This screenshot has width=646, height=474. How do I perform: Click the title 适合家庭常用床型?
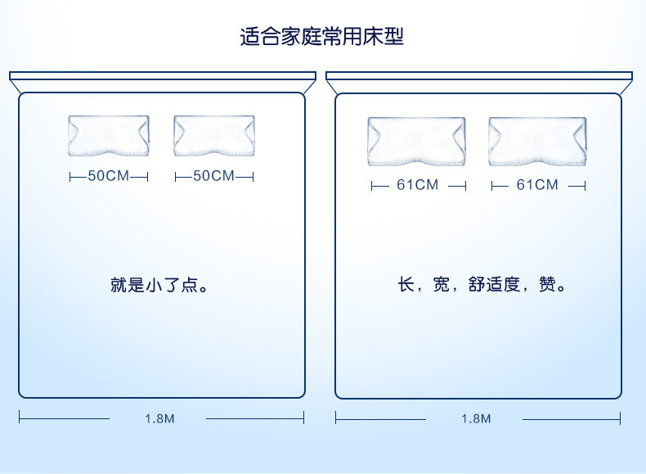[322, 37]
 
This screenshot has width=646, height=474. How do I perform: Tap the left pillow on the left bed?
[109, 135]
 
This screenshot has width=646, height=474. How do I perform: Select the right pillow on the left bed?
[213, 135]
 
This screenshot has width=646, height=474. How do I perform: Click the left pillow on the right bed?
[416, 141]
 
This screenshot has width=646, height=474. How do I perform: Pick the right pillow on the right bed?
[537, 141]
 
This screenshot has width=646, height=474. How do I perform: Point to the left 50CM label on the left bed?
[109, 176]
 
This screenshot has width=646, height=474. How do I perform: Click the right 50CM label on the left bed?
[213, 176]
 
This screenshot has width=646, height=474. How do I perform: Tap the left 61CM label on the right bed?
[418, 185]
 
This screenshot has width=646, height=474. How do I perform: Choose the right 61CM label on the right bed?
[537, 185]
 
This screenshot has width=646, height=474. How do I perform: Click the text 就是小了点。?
[159, 286]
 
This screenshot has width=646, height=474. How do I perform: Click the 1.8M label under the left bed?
[159, 418]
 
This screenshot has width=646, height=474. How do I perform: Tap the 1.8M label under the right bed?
[476, 418]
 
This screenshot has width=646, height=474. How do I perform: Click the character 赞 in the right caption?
[548, 286]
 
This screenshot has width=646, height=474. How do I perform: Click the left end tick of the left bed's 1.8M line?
[20, 418]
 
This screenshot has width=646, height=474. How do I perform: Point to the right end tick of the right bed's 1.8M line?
[620, 418]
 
